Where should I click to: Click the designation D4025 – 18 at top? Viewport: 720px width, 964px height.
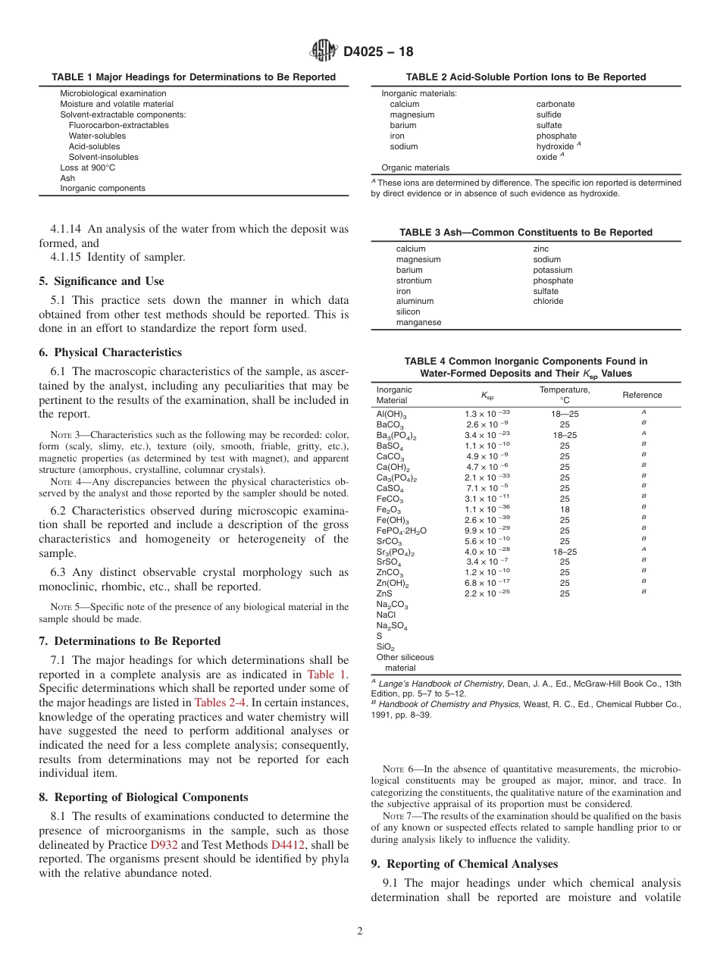[378, 52]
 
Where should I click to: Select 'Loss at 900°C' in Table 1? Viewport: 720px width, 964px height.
[88, 167]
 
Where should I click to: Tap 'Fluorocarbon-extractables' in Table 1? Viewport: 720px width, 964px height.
[119, 125]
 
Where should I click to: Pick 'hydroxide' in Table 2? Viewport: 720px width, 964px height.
[556, 146]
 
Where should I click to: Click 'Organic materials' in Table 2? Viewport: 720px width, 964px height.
[415, 167]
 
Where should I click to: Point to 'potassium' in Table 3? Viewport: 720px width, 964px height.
[553, 270]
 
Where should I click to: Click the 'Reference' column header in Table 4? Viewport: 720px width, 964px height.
[642, 395]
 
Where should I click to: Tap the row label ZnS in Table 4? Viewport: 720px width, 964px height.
[384, 593]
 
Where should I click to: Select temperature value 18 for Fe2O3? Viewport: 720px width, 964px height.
[565, 509]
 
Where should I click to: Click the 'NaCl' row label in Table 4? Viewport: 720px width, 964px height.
[386, 615]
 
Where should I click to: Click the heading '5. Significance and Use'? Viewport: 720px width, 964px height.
[102, 281]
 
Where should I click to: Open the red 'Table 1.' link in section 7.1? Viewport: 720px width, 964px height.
[327, 674]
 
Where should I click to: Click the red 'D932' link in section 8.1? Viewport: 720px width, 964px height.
[163, 844]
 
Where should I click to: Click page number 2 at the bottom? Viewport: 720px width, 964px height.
[360, 931]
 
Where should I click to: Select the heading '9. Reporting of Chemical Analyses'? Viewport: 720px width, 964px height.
[464, 864]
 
